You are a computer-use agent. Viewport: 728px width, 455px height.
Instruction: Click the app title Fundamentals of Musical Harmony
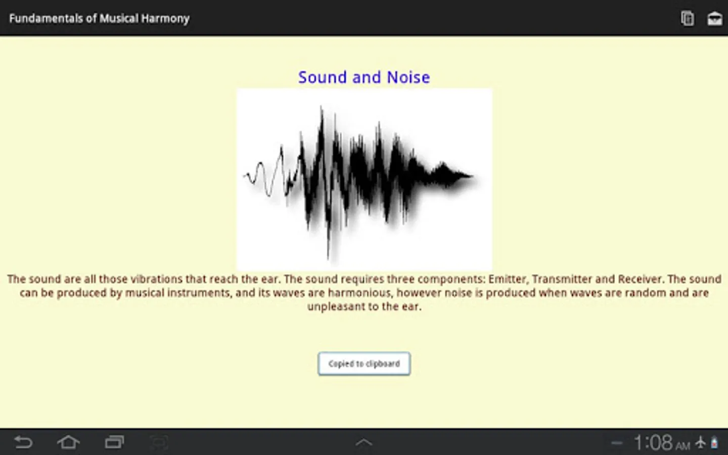tap(99, 19)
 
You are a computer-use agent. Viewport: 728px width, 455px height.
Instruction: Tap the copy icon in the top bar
tap(688, 18)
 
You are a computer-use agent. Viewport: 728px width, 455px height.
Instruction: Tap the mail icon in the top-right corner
tap(714, 19)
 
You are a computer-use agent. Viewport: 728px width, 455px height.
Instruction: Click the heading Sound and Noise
tap(364, 77)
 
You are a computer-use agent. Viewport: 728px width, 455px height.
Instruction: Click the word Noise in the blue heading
tap(408, 77)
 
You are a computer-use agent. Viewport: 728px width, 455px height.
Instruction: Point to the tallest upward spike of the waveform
tap(322, 108)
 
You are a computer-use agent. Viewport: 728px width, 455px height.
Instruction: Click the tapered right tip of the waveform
tap(472, 176)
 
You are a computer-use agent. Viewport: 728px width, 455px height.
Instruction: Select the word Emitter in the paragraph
tap(507, 279)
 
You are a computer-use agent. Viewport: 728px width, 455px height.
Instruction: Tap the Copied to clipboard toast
tap(364, 363)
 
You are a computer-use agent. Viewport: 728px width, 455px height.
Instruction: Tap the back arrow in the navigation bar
tap(23, 443)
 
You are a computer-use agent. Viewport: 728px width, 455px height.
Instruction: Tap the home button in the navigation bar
tap(68, 442)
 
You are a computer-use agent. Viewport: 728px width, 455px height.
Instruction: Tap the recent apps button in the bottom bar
tap(114, 442)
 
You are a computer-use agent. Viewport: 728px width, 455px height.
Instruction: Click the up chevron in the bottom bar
tap(363, 442)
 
